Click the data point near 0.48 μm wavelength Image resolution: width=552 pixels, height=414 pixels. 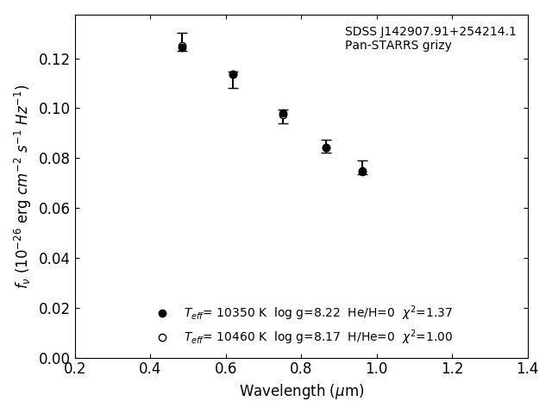click(x=182, y=47)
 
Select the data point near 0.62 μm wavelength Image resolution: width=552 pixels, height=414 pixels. click(x=233, y=74)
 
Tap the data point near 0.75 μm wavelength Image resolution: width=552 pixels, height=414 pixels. click(x=283, y=114)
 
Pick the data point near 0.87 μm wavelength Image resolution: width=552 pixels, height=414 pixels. click(x=326, y=147)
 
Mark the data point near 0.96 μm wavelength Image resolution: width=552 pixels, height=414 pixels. click(x=362, y=171)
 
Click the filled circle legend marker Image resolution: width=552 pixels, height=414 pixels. click(x=162, y=313)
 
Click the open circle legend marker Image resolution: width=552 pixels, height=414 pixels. click(x=162, y=337)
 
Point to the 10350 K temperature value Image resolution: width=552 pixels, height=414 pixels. click(x=235, y=313)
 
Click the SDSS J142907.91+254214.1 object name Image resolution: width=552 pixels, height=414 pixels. click(x=430, y=32)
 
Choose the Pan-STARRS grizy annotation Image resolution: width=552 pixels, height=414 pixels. click(x=398, y=46)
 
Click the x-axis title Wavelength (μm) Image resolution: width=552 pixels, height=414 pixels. click(x=301, y=392)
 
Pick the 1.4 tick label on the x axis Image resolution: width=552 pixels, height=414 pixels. click(x=527, y=369)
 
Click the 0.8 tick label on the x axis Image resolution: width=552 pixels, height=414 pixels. click(x=301, y=369)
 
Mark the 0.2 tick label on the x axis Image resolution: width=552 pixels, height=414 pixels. click(x=75, y=369)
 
